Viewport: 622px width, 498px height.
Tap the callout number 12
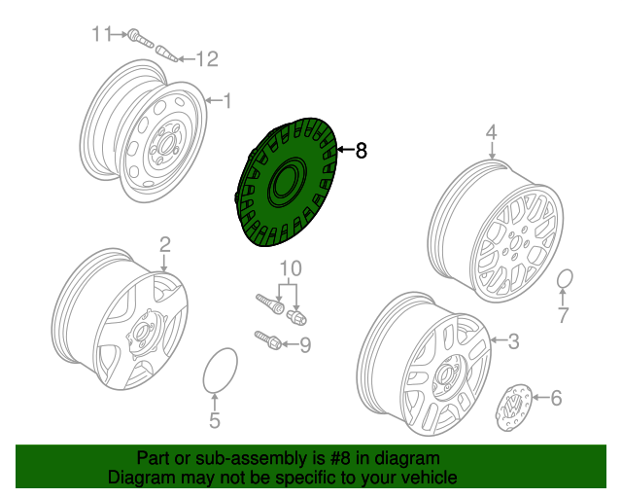[207, 59]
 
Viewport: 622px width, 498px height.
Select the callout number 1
[227, 99]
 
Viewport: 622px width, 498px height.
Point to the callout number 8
[362, 150]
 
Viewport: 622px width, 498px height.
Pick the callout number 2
[164, 243]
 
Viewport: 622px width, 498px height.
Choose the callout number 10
[291, 267]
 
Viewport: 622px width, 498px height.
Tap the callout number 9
[304, 343]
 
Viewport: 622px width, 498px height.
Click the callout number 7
[563, 314]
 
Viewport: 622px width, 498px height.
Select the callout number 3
[514, 339]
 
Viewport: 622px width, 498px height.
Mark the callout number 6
[556, 397]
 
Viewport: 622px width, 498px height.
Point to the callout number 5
[215, 420]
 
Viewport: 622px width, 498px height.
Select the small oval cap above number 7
[564, 281]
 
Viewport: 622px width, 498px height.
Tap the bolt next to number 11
[139, 37]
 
